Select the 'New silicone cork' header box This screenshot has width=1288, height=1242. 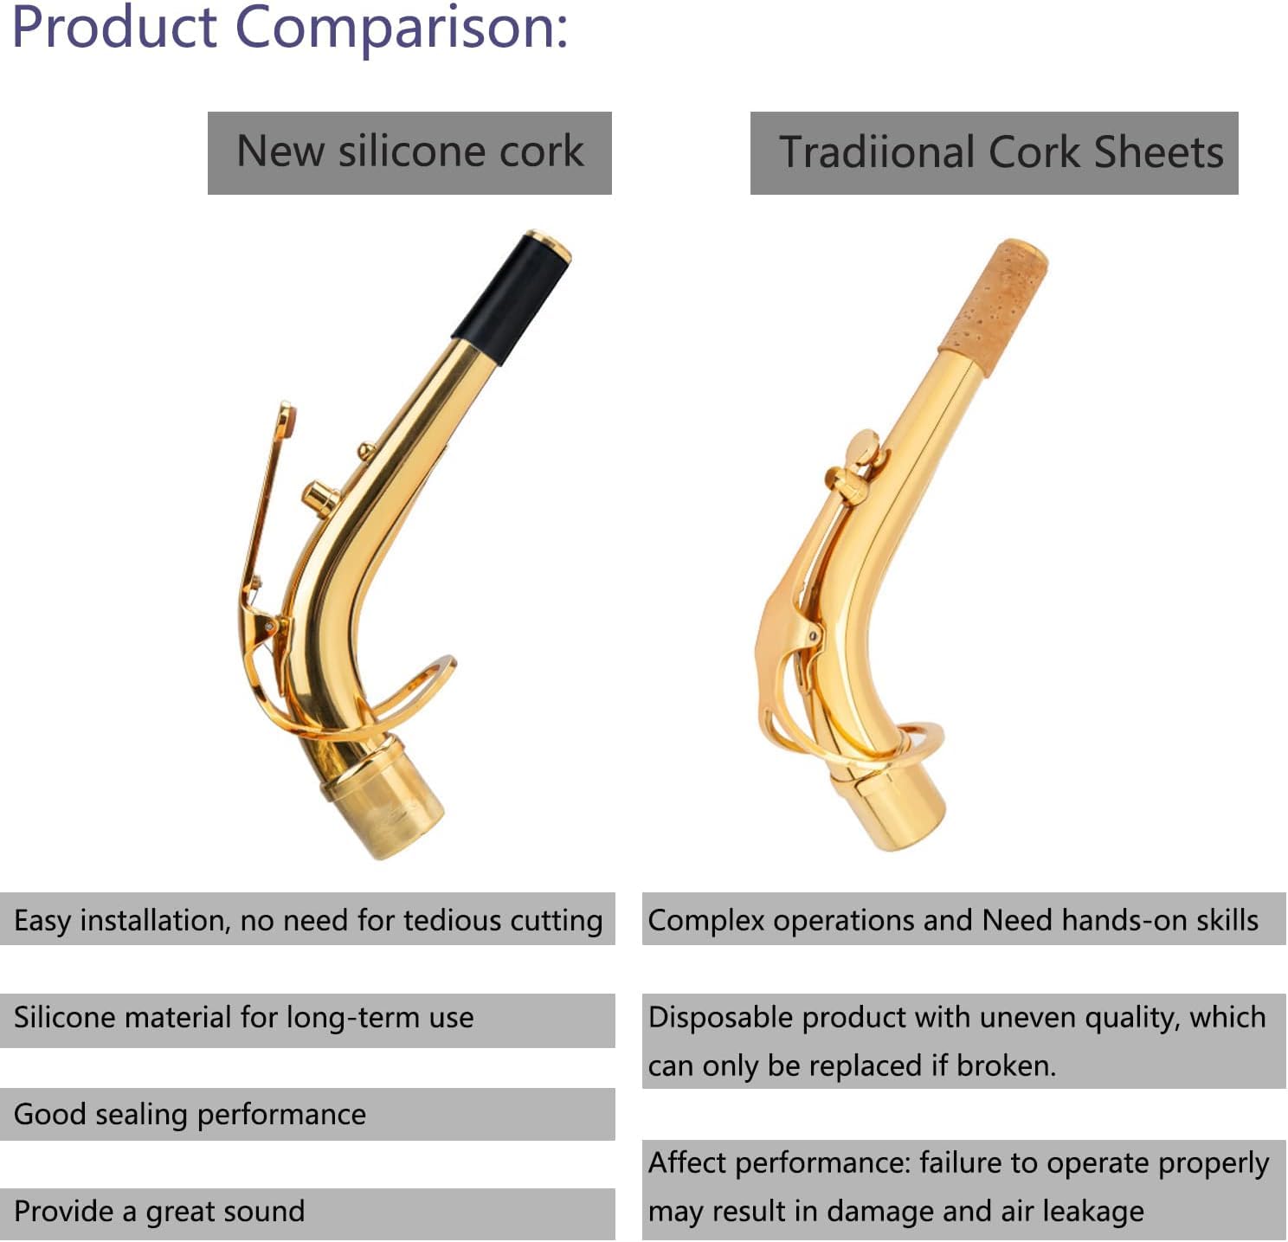click(x=409, y=153)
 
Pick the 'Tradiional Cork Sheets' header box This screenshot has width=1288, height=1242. click(x=994, y=153)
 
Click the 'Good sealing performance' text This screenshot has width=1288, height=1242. click(x=190, y=1115)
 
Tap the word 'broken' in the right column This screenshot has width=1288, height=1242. click(x=1004, y=1066)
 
